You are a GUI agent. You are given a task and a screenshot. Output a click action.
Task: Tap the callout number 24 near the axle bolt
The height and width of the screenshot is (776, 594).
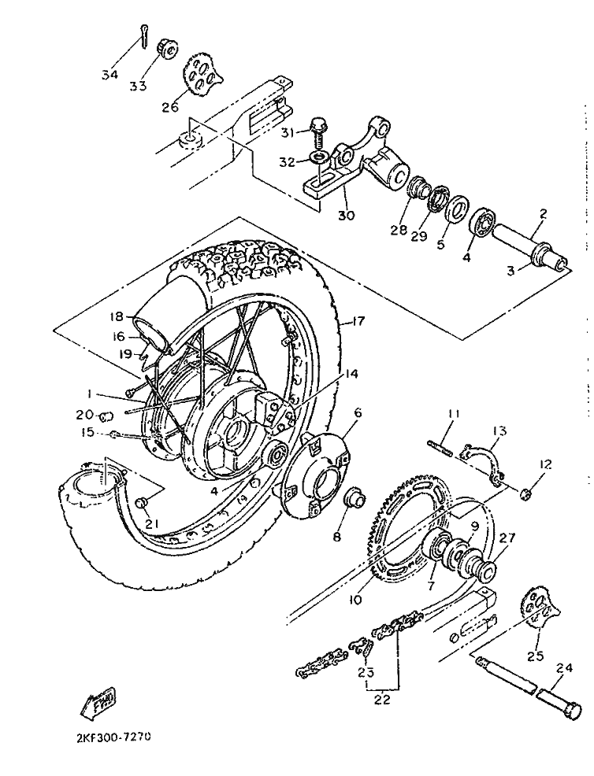[x=564, y=667]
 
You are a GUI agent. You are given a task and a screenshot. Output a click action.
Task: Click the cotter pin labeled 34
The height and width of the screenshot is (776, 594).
[x=143, y=37]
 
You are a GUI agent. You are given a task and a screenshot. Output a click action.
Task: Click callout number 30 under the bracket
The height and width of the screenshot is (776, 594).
[x=347, y=216]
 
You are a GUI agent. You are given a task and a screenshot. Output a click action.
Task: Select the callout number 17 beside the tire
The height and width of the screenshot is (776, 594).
[x=358, y=321]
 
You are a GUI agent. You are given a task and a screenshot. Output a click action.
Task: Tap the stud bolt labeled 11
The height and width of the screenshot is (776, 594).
[x=440, y=446]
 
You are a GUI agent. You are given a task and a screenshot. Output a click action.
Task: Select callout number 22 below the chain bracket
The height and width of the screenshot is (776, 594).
[x=383, y=700]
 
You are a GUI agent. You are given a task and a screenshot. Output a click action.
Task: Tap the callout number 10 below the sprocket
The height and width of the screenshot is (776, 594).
[x=355, y=600]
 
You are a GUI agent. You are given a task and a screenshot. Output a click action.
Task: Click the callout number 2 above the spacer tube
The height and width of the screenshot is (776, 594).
[x=543, y=214]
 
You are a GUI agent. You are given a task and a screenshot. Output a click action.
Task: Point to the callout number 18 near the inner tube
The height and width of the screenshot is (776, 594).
[x=117, y=316]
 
